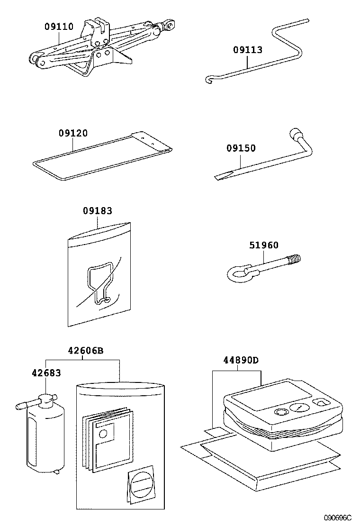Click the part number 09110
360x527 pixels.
click(x=59, y=27)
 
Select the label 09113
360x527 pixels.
click(x=247, y=50)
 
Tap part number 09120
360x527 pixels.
click(x=73, y=134)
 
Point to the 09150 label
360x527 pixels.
click(x=241, y=148)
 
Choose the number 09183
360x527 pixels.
click(x=98, y=211)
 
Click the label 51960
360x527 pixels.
click(x=264, y=245)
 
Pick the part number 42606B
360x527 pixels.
click(x=85, y=351)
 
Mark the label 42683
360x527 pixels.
click(x=46, y=373)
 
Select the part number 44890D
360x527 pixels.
click(x=241, y=360)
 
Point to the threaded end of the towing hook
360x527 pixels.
click(x=294, y=259)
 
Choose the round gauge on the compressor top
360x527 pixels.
click(x=298, y=407)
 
